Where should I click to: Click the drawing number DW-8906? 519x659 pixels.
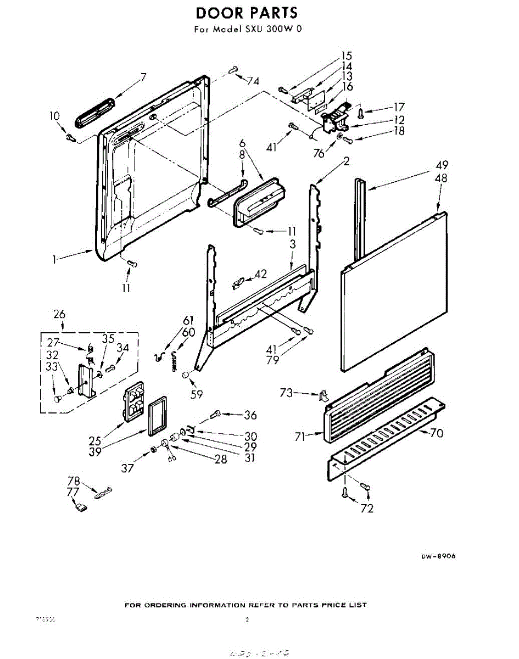tap(438, 556)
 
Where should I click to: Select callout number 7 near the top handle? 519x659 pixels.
tap(143, 77)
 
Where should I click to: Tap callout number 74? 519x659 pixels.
tap(253, 81)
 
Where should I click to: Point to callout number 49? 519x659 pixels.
tap(443, 165)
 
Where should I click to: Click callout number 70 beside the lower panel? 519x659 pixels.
tap(437, 433)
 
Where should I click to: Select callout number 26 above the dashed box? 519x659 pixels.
tap(59, 315)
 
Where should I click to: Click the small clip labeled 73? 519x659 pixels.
tap(323, 394)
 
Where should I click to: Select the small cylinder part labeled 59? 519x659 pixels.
tap(185, 375)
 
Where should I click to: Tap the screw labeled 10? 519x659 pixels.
tap(70, 137)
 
